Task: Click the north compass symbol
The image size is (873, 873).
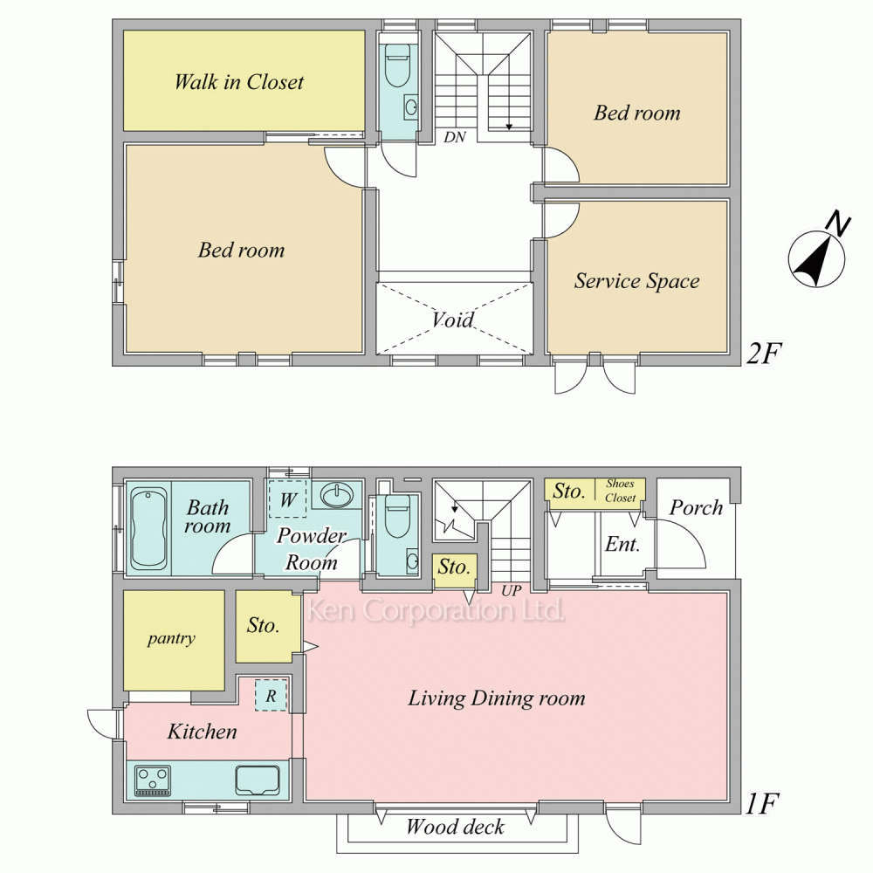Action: tap(817, 256)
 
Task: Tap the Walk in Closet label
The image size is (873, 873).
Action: tap(239, 82)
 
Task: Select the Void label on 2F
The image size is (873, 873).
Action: tap(453, 320)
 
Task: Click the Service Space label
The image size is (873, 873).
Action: tap(637, 281)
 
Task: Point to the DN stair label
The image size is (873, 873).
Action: tap(454, 137)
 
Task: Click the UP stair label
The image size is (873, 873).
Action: tap(511, 591)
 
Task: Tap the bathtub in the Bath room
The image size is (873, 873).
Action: tap(148, 528)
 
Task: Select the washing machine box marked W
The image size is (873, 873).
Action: tap(287, 499)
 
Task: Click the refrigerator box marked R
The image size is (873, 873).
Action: tap(271, 695)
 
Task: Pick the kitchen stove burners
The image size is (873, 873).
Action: tap(153, 780)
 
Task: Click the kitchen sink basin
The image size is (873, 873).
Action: tap(258, 780)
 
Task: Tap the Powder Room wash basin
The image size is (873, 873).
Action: tap(337, 494)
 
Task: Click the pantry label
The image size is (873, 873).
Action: tap(171, 638)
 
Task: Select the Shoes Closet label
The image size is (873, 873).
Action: tap(620, 491)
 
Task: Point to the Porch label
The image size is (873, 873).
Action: tap(696, 507)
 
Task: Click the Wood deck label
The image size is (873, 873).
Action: tap(455, 827)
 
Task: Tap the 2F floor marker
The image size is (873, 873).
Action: tap(764, 353)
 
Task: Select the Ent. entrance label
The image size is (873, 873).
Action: tap(622, 544)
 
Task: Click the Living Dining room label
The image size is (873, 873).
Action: tap(497, 698)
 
